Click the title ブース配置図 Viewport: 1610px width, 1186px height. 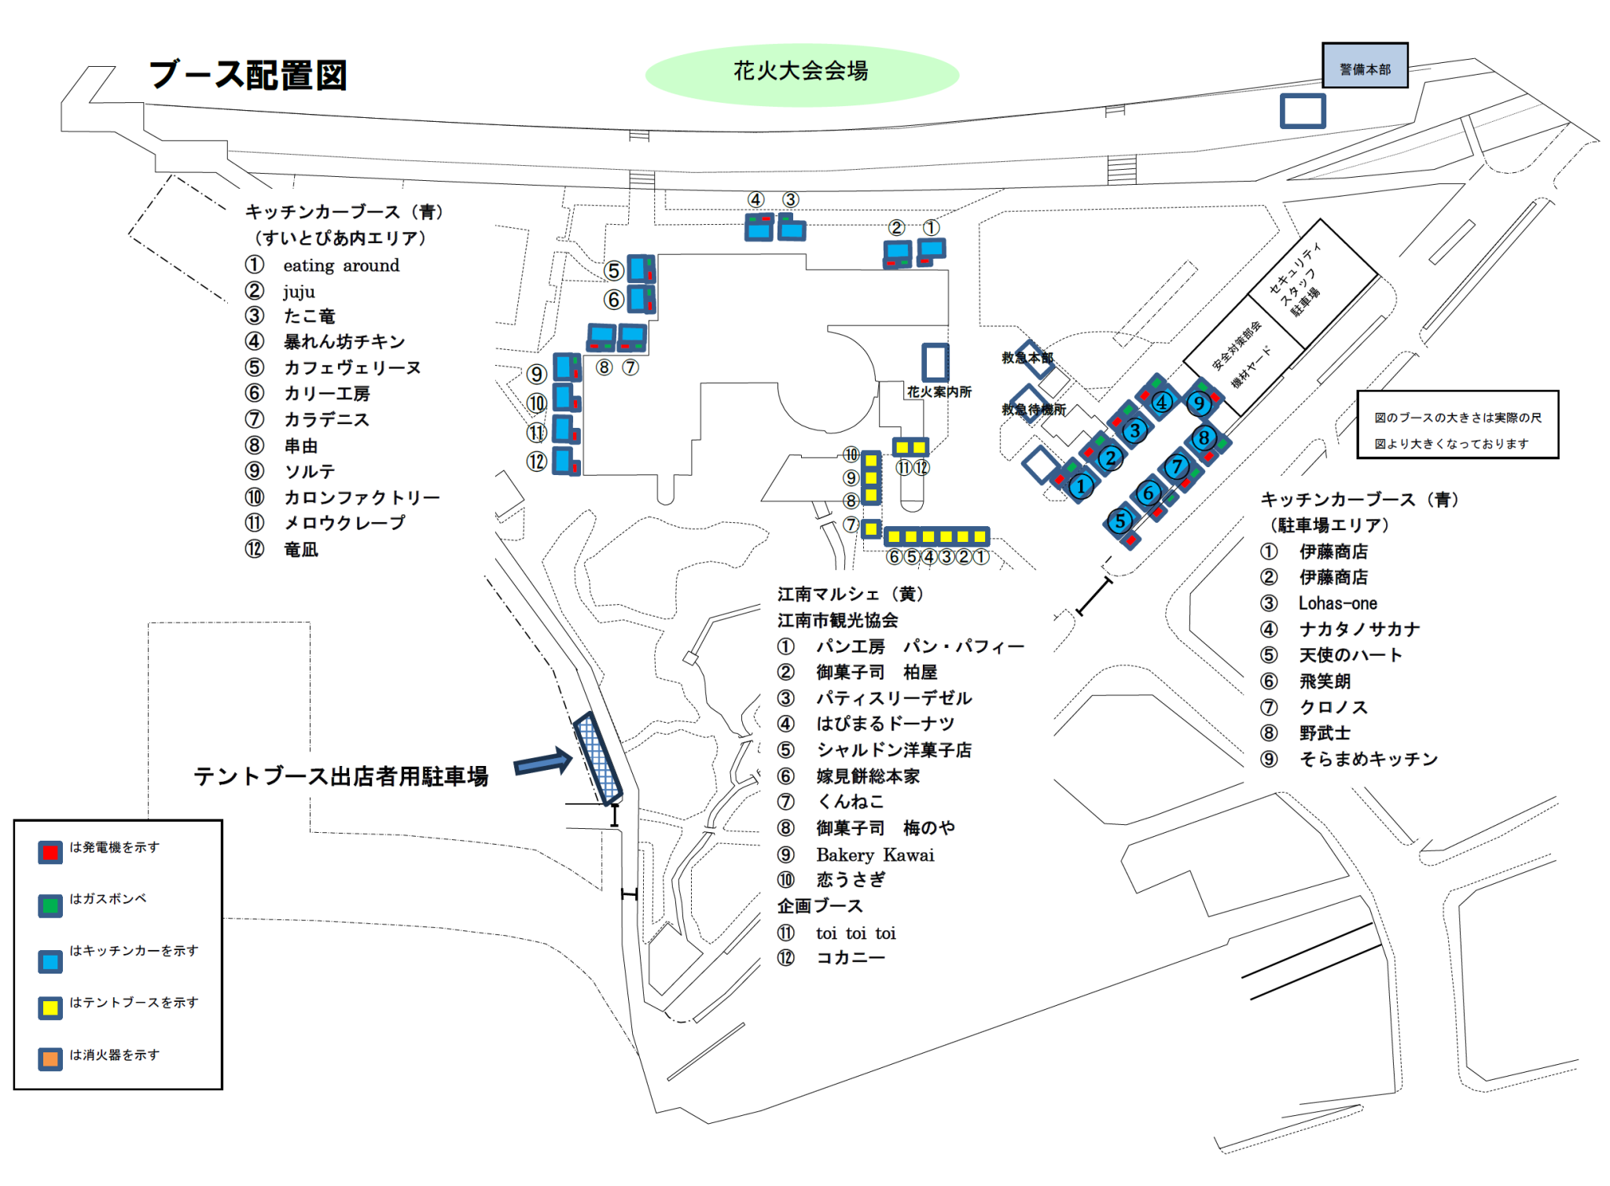pos(248,76)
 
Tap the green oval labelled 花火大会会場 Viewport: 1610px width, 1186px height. pos(801,73)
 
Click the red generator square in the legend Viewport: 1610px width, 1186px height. pos(51,853)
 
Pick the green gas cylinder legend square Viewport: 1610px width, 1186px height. pos(51,905)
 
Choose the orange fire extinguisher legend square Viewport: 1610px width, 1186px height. pos(51,1059)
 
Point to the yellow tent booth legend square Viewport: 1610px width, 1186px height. pos(51,1007)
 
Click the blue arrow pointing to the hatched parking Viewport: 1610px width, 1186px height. pos(543,762)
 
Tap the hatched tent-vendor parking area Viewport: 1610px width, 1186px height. pos(598,758)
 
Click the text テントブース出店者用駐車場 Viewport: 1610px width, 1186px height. pos(341,776)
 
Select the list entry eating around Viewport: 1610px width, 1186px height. pos(341,266)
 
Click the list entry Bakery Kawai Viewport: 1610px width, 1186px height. pos(875,855)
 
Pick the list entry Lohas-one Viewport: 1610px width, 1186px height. pos(1338,603)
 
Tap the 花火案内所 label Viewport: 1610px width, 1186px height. pos(939,392)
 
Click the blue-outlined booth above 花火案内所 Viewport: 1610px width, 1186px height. pos(935,363)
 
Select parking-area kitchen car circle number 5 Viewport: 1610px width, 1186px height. pos(1119,521)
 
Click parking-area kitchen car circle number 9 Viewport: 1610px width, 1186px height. pos(1198,403)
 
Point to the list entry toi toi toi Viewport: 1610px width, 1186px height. pos(855,934)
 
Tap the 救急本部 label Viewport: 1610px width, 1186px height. pos(1026,358)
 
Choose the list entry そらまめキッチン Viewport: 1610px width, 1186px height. pos(1368,759)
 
